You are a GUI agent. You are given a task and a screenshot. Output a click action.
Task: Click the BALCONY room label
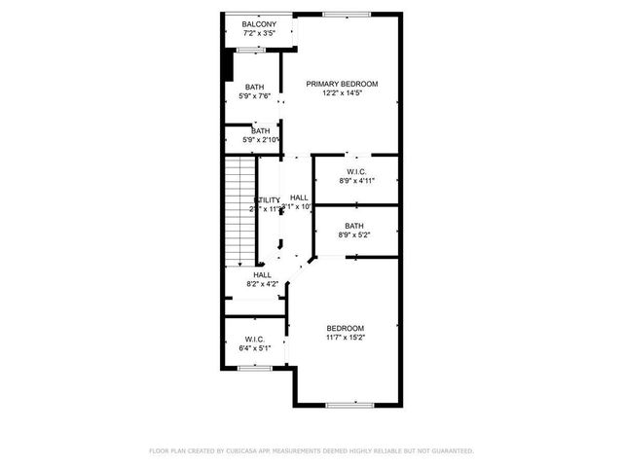coord(259,23)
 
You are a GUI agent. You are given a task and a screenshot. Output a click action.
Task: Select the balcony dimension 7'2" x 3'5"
coord(259,33)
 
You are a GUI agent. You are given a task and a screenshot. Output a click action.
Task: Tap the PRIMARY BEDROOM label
coord(342,84)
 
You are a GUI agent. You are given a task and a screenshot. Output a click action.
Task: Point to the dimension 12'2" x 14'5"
coord(342,93)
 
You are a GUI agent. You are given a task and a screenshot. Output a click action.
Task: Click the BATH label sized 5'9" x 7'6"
coord(254,87)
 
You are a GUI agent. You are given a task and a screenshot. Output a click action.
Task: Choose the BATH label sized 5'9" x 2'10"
coord(261,131)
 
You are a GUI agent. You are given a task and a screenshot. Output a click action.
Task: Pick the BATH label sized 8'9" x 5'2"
coord(354,226)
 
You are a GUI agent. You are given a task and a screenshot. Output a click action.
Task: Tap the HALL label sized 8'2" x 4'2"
coord(262,274)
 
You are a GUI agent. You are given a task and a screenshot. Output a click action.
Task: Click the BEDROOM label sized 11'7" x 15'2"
coord(345,328)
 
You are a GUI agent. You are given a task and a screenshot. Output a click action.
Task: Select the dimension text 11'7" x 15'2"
coord(345,338)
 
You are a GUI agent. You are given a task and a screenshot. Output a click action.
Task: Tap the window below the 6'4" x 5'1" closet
coord(254,368)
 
